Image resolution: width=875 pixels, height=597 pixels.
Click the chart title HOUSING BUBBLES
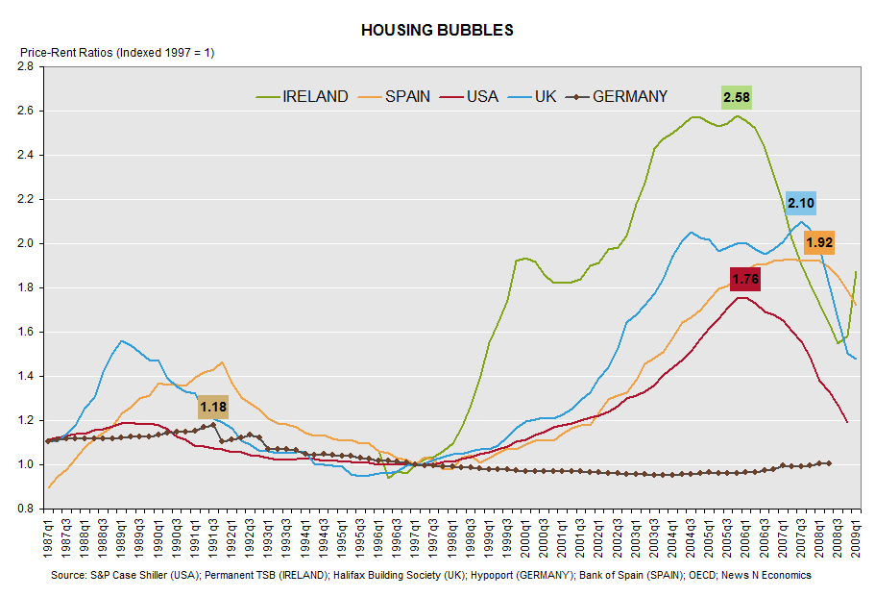click(437, 30)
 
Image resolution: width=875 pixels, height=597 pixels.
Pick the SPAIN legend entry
click(408, 96)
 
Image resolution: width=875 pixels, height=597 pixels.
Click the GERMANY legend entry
click(629, 96)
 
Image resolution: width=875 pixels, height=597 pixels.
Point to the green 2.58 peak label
click(737, 96)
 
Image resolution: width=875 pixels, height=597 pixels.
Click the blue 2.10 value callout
click(801, 203)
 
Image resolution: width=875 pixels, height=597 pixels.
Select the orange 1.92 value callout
click(819, 242)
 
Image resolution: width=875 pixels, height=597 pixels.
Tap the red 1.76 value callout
click(745, 280)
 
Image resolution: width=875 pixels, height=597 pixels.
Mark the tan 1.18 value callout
click(212, 408)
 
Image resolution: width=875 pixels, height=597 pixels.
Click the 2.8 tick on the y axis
click(25, 66)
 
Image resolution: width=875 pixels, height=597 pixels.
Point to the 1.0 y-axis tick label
click(25, 464)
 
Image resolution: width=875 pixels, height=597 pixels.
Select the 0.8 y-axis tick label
click(25, 509)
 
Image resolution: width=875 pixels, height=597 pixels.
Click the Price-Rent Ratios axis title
click(111, 53)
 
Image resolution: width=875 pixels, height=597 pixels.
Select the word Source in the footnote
click(69, 575)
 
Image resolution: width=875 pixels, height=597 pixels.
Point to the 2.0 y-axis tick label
click(25, 243)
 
